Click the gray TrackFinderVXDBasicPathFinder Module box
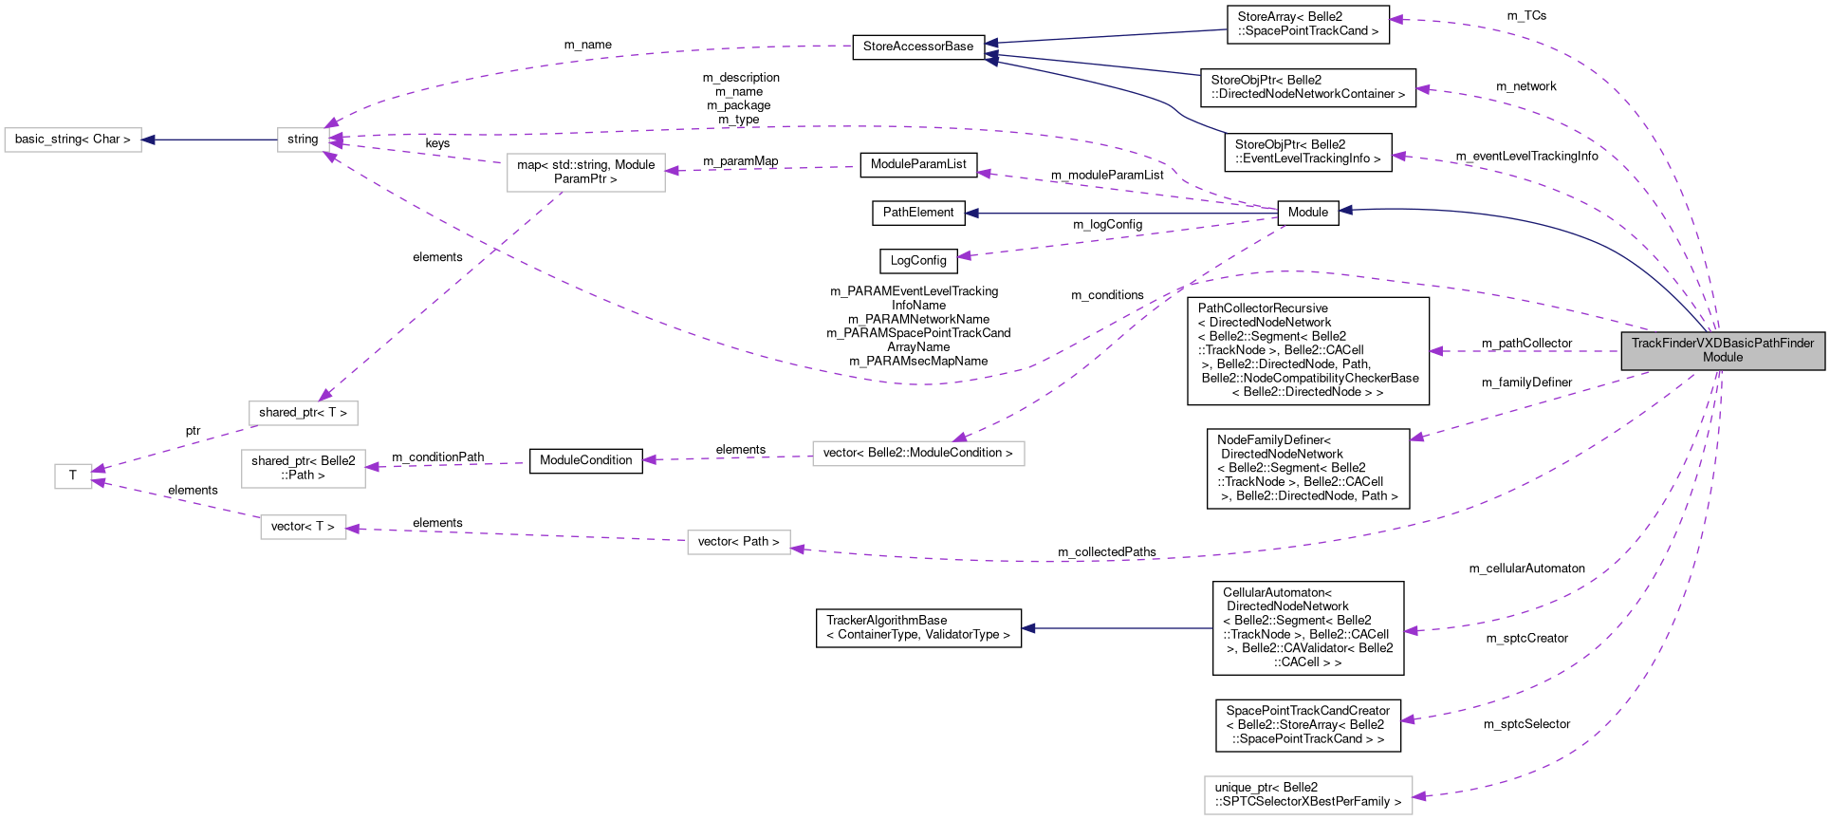pyautogui.click(x=1723, y=351)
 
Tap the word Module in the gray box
pyautogui.click(x=1723, y=358)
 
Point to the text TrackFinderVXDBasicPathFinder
pyautogui.click(x=1723, y=343)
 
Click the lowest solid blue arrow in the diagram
pyautogui.click(x=1119, y=628)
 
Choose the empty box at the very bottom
pyautogui.click(x=1308, y=795)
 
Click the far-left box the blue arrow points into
pyautogui.click(x=73, y=140)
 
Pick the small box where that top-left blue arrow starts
pyautogui.click(x=304, y=140)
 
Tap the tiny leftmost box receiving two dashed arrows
pyautogui.click(x=73, y=476)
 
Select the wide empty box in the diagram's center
pyautogui.click(x=918, y=454)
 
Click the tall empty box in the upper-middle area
pyautogui.click(x=586, y=173)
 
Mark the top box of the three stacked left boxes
pyautogui.click(x=304, y=414)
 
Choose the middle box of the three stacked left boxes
pyautogui.click(x=304, y=469)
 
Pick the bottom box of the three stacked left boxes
pyautogui.click(x=304, y=528)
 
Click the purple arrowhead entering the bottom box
pyautogui.click(x=1419, y=797)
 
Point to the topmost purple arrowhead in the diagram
pyautogui.click(x=1395, y=19)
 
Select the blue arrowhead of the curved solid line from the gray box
pyautogui.click(x=1344, y=210)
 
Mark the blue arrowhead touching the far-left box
pyautogui.click(x=148, y=140)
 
